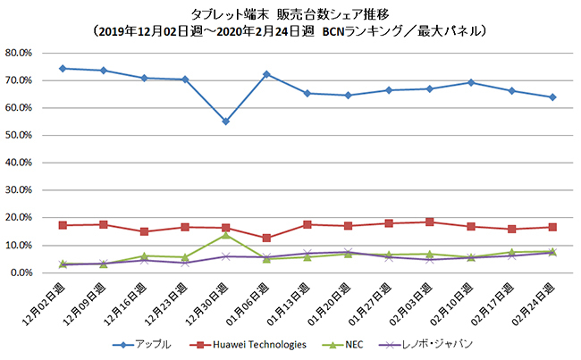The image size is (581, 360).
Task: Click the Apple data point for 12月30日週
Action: coord(225,121)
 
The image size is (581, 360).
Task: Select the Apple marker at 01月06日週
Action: coord(266,74)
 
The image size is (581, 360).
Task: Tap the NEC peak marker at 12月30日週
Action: coord(225,235)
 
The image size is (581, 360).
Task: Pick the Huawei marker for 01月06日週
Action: coord(266,238)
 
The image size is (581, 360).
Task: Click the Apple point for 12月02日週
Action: coord(63,68)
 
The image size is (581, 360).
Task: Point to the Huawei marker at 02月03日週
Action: coord(430,222)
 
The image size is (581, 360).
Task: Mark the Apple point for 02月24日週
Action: coord(553,97)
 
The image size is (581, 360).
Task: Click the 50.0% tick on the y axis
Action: coord(19,135)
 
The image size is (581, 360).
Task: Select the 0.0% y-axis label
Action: coord(21,272)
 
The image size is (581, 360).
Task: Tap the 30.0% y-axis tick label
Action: coord(19,190)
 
